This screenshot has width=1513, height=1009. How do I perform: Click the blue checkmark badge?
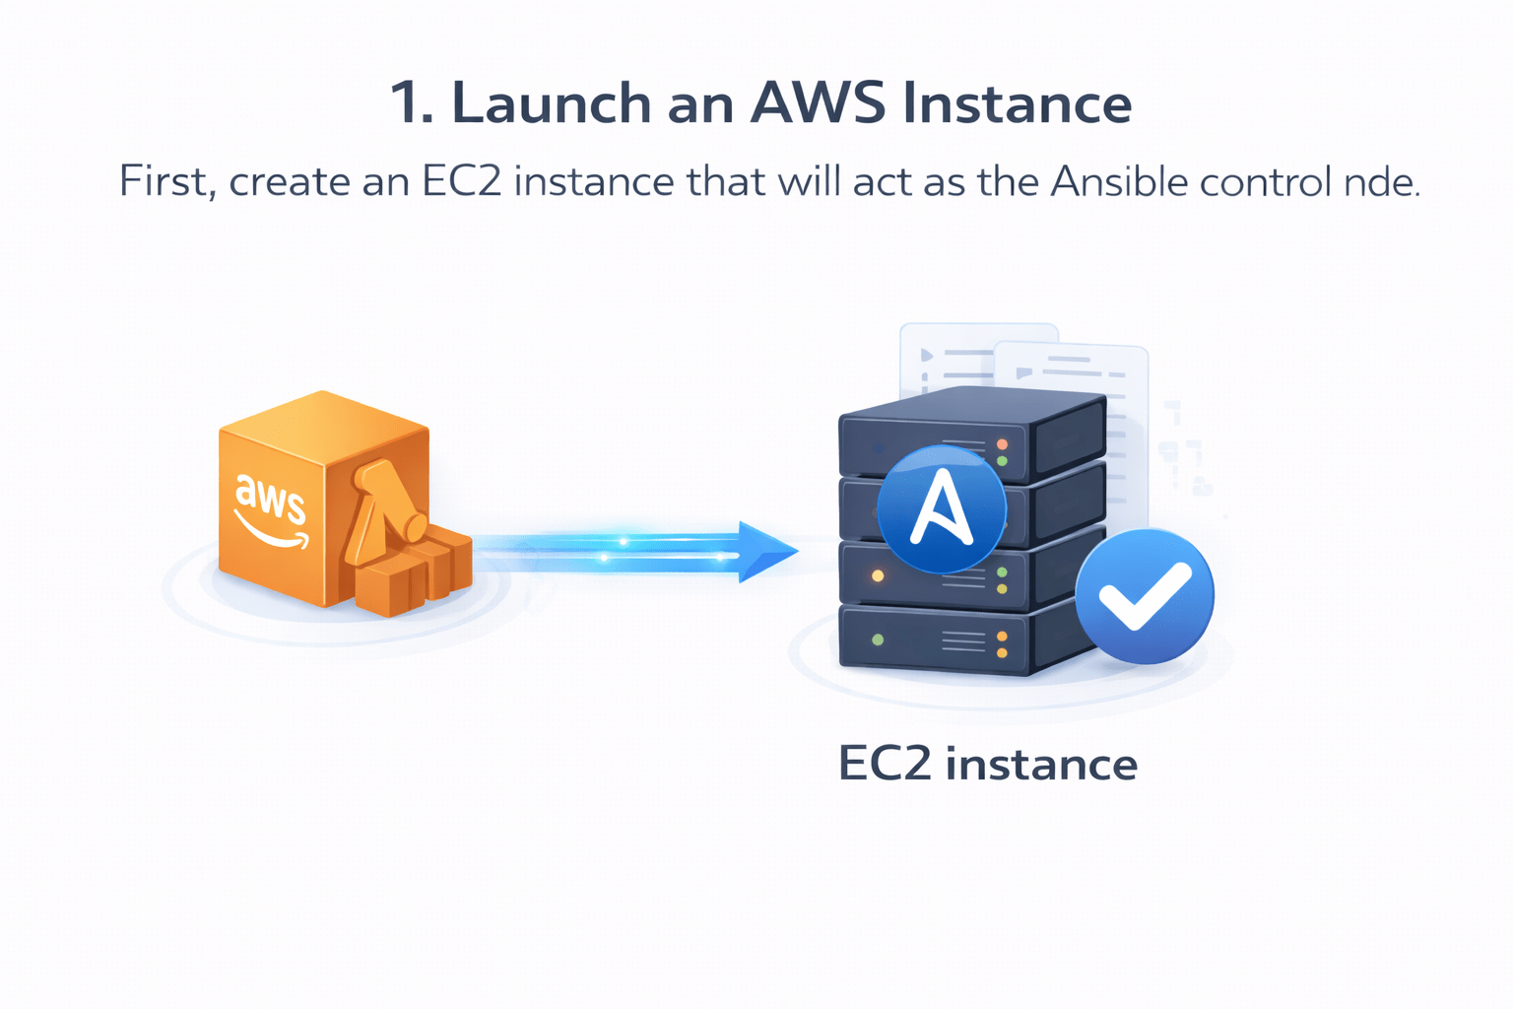click(x=1144, y=595)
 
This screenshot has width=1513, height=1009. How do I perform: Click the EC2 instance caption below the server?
click(x=987, y=764)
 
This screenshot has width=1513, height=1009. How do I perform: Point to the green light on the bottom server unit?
click(x=878, y=639)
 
